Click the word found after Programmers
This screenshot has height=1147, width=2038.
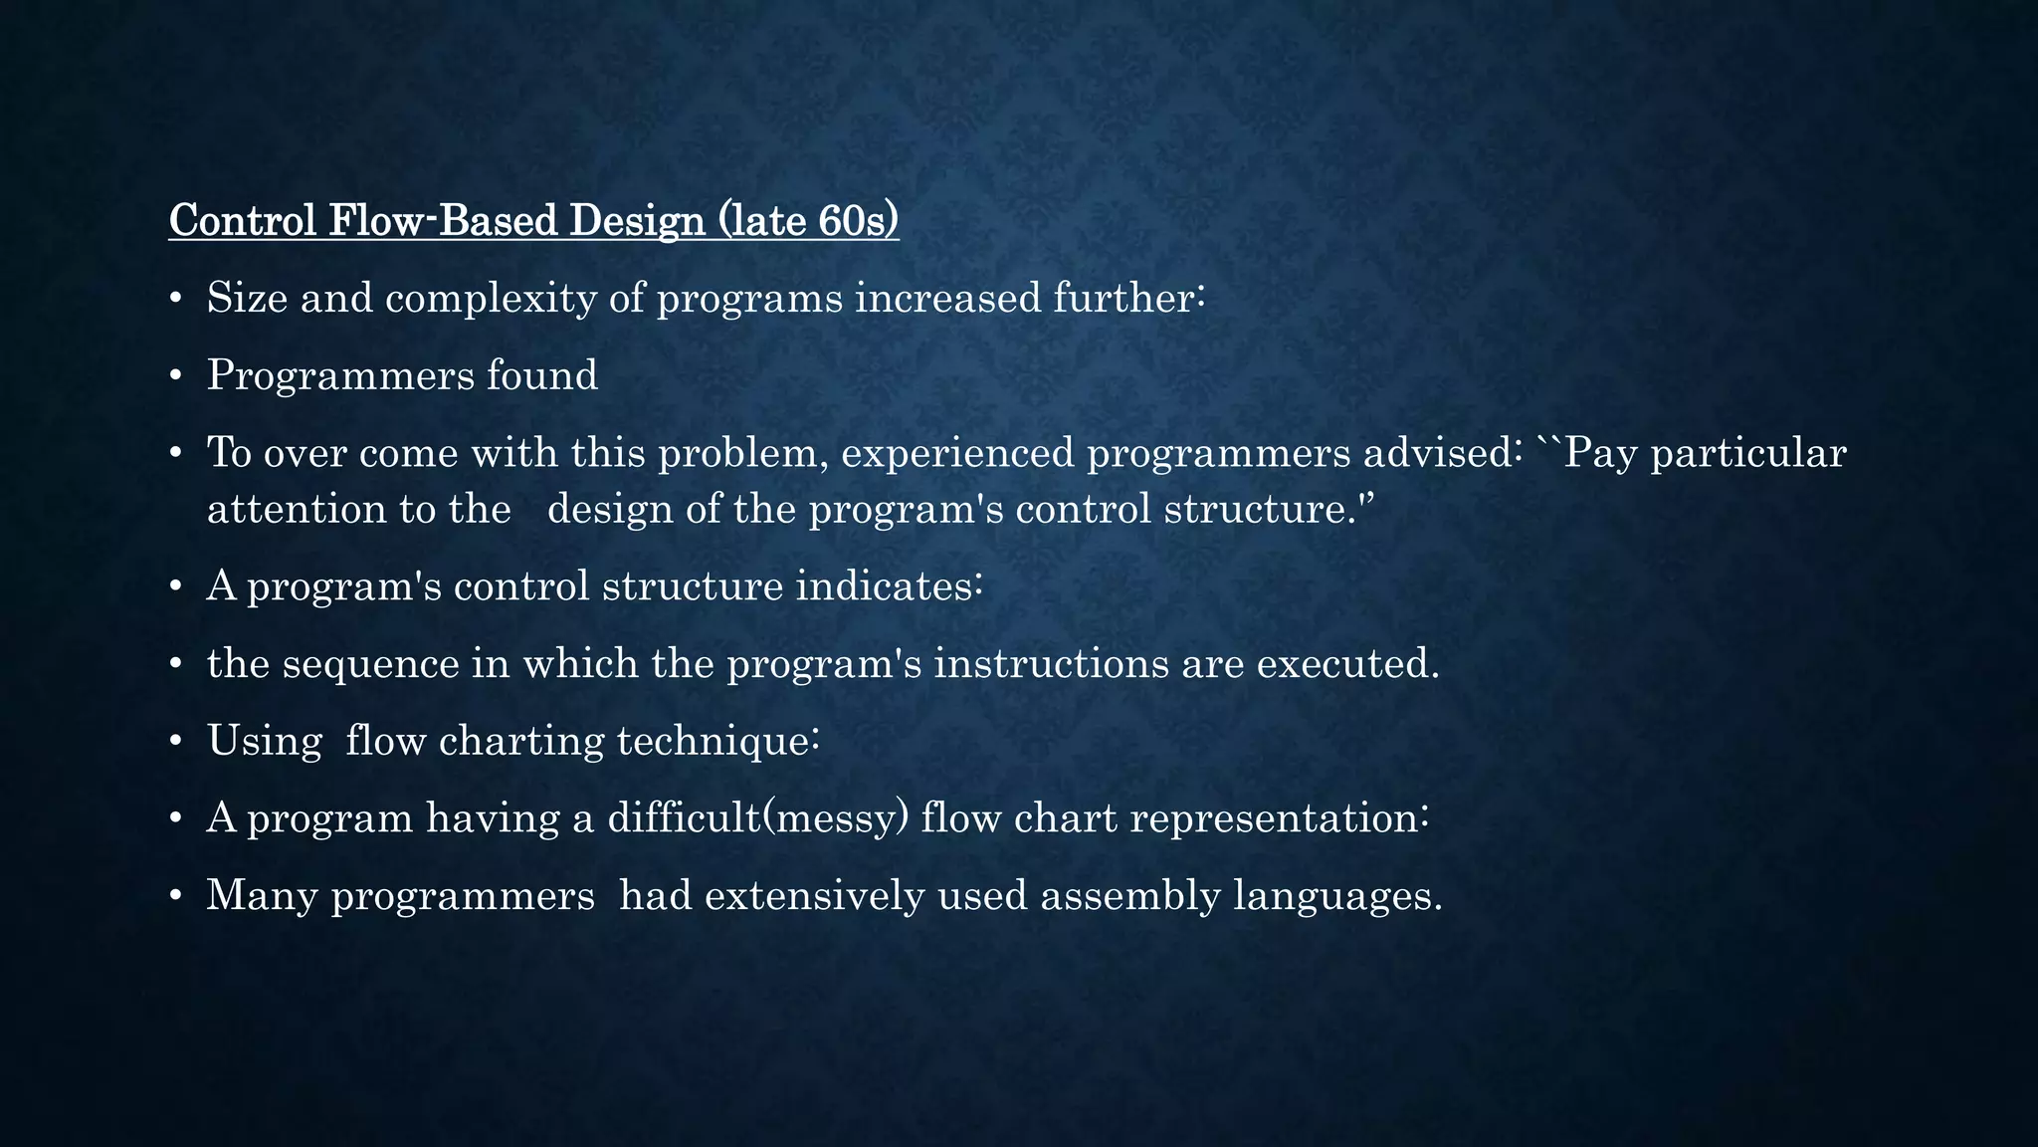542,375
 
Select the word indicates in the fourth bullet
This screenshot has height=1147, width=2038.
889,586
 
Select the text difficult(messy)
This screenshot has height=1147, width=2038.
757,818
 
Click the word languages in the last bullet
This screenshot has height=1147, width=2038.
1337,896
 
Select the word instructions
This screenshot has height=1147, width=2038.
1051,664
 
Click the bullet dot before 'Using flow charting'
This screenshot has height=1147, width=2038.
175,743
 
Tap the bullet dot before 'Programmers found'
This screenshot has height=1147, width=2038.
175,376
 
